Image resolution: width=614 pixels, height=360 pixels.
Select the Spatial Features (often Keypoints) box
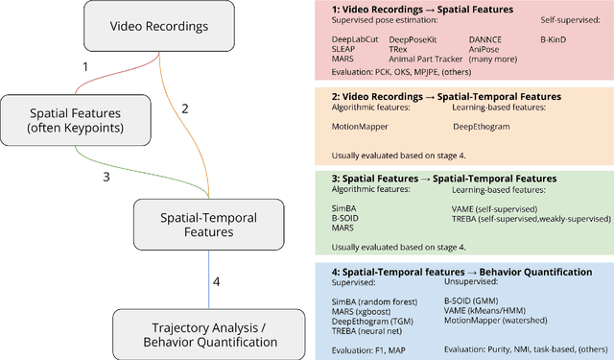pos(65,121)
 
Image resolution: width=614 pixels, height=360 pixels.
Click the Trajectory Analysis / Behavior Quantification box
pos(195,331)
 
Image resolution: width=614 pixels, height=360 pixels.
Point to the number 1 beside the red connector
pos(84,67)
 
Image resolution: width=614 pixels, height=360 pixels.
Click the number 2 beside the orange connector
pos(185,108)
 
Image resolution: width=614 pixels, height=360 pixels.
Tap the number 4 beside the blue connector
pos(216,281)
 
